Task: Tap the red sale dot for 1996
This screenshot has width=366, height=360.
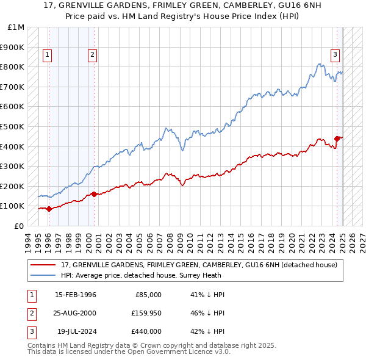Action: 49,209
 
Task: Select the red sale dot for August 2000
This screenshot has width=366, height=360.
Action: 94,194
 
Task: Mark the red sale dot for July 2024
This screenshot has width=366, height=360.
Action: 337,139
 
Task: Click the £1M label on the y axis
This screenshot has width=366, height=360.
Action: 16,27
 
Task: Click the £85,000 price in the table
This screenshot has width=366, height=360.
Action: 147,295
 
